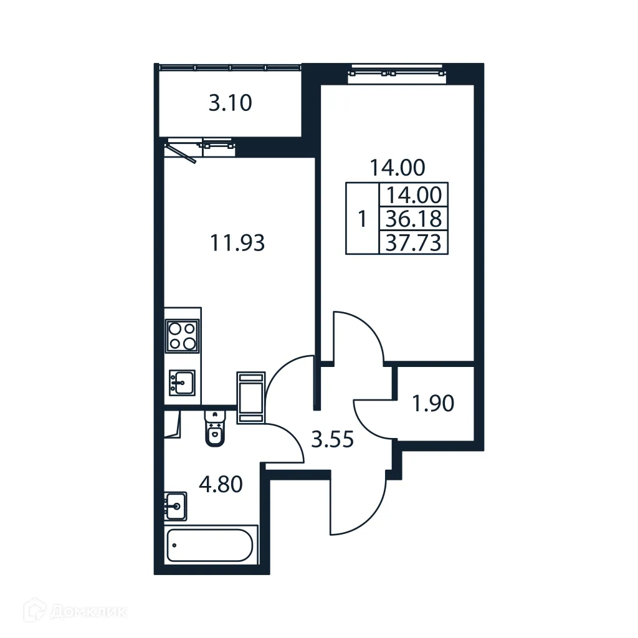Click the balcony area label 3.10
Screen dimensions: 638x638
pos(230,103)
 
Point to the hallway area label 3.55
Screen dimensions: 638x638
pos(332,440)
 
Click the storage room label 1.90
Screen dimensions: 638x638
pos(433,404)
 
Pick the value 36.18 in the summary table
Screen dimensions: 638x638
pos(414,219)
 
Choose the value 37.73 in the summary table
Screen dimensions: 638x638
pos(414,242)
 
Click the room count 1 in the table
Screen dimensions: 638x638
pos(362,219)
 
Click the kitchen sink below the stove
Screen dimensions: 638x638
pos(182,381)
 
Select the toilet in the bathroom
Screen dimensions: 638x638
pos(214,430)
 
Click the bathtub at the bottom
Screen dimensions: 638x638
pos(211,545)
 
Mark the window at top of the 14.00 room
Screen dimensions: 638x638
pos(398,71)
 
